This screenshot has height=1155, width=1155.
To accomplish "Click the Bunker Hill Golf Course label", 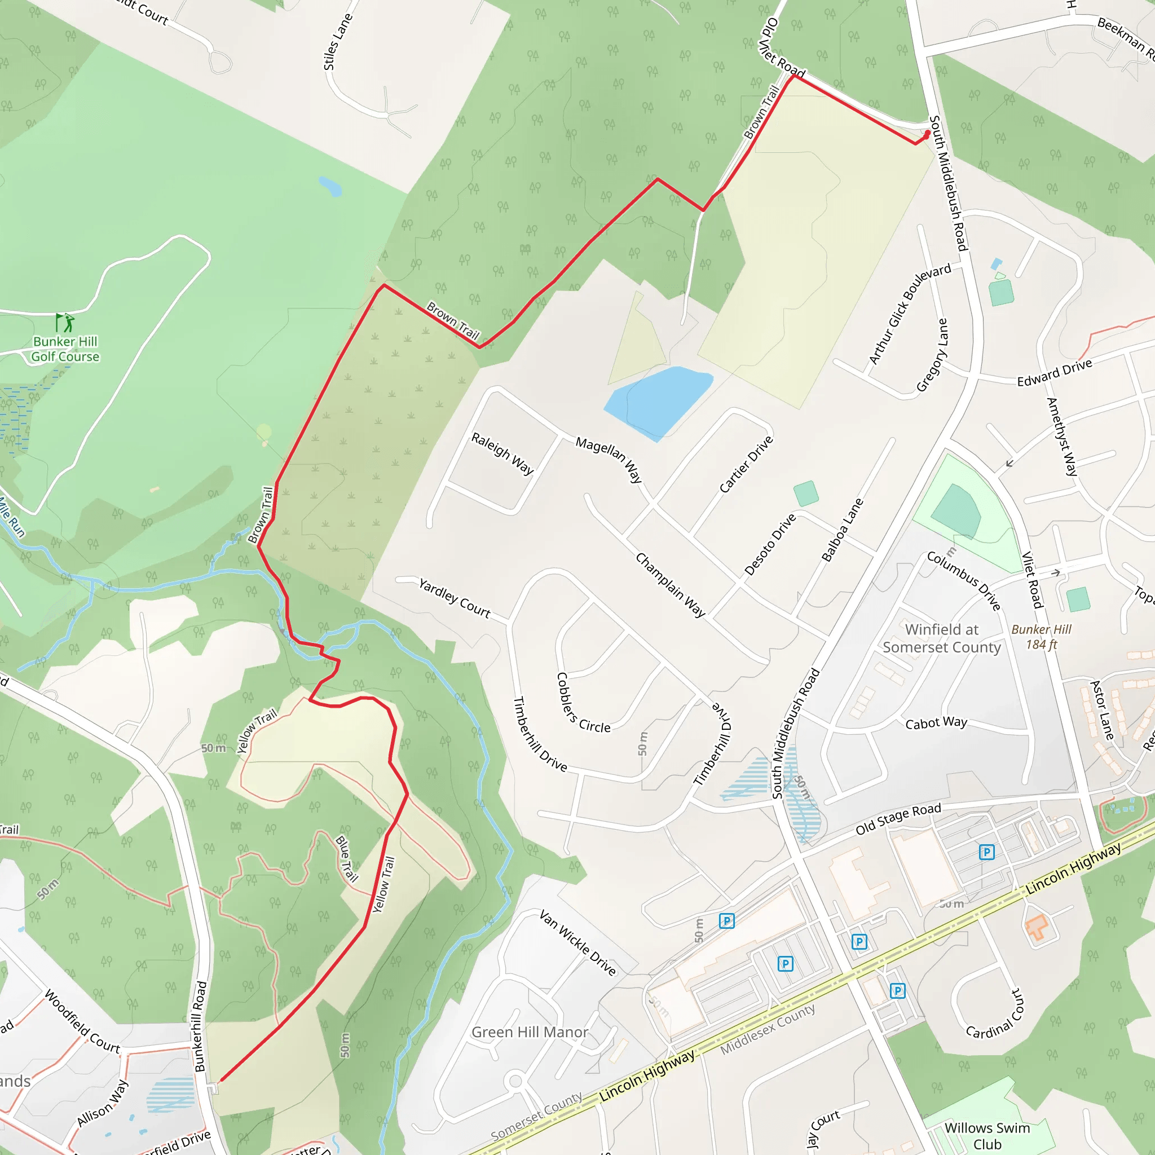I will [65, 349].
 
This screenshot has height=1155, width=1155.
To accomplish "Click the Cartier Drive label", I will [746, 465].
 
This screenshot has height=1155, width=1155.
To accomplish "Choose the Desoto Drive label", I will [770, 544].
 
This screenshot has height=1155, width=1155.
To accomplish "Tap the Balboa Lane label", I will [843, 530].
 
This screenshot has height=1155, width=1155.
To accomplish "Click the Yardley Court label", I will [455, 598].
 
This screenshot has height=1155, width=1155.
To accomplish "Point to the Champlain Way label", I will [670, 584].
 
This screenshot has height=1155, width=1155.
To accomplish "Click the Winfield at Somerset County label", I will [942, 638].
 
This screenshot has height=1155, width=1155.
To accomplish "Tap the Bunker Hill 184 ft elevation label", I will [1042, 637].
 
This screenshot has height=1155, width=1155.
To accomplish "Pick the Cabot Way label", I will [936, 724].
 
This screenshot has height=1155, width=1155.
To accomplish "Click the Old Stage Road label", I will [898, 818].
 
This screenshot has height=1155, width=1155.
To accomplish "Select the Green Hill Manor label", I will [530, 1032].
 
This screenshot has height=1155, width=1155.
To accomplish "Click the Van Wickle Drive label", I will [577, 943].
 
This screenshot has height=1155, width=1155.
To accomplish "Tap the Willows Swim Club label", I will [987, 1135].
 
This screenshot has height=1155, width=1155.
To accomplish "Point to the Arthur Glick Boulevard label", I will [910, 313].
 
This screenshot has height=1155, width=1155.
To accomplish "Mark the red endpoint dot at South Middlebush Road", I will [927, 133].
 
